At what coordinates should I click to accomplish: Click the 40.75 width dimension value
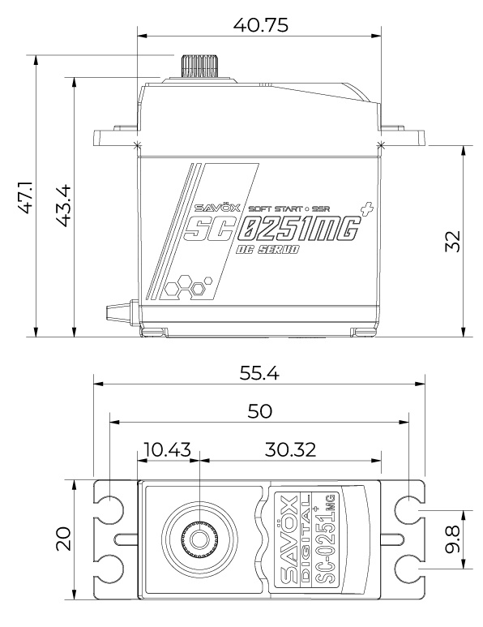coord(259,24)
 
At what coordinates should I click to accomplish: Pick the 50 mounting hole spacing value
coord(259,411)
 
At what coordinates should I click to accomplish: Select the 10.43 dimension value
coord(167,450)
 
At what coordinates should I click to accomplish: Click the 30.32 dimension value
coord(289,450)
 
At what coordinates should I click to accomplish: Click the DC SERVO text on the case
coord(267,251)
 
